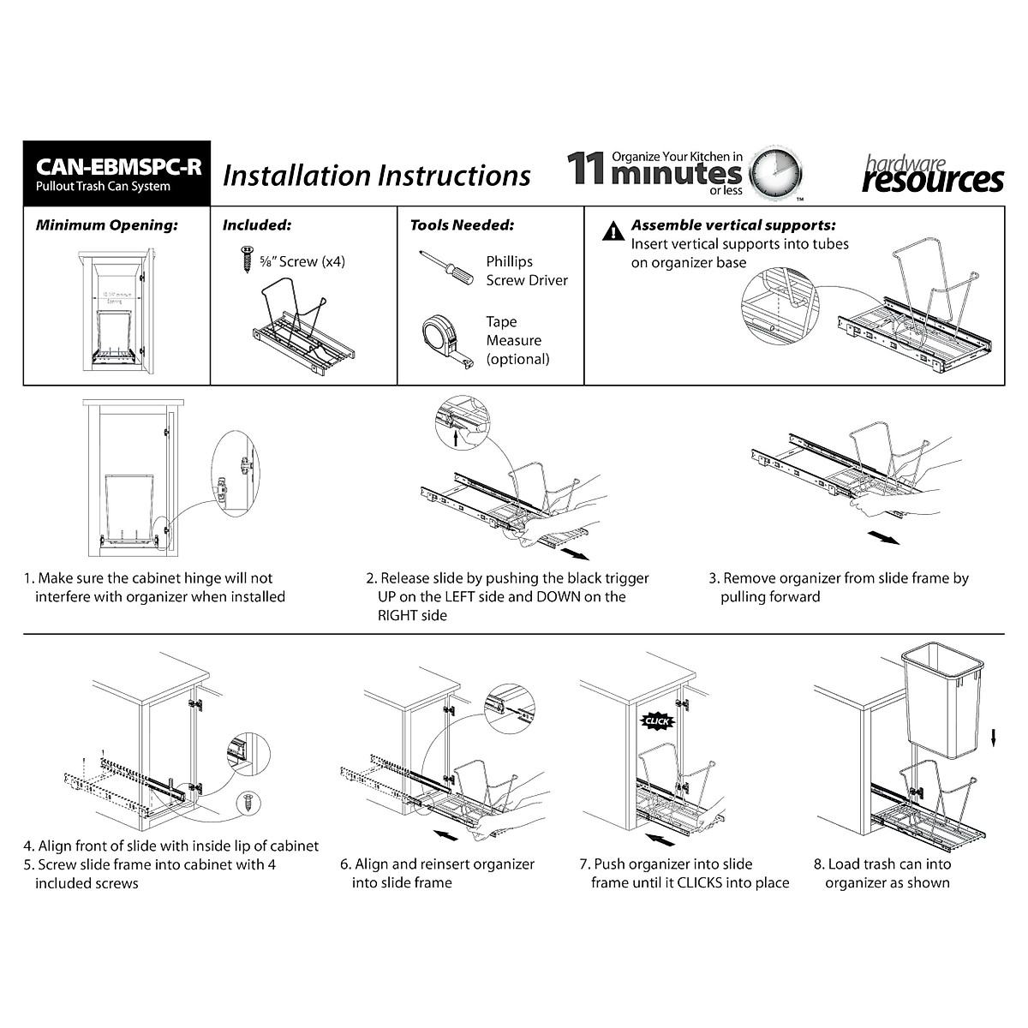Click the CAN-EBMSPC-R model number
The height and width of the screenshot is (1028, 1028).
(x=118, y=165)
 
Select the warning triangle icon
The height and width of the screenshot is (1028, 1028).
(x=613, y=231)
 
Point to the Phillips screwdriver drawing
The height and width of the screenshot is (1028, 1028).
(x=445, y=267)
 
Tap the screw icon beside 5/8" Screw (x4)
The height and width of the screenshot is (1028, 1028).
(x=248, y=260)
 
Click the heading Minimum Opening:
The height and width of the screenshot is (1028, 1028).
(x=106, y=225)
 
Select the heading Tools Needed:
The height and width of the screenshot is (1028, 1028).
(x=462, y=225)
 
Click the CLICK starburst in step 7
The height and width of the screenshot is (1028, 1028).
(x=657, y=721)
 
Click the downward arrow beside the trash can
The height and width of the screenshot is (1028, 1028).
(x=993, y=737)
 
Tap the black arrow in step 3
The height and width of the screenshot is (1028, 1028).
(x=883, y=537)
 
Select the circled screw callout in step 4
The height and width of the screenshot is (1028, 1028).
(x=248, y=802)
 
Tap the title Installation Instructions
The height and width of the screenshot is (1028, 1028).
(x=376, y=176)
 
